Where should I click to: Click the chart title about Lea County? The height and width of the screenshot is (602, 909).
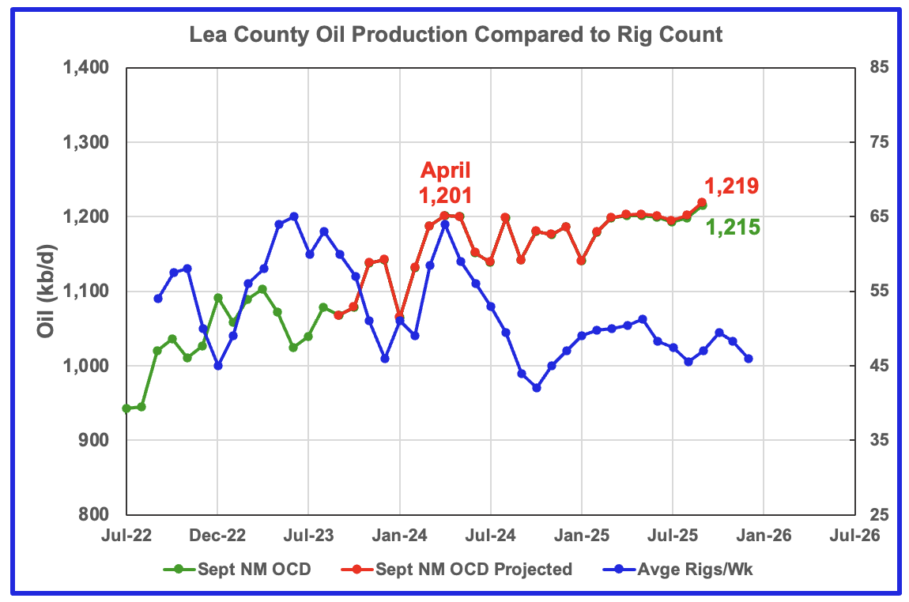click(455, 35)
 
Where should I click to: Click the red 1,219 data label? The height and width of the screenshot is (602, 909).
click(731, 186)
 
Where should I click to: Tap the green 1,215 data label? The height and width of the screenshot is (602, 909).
click(732, 228)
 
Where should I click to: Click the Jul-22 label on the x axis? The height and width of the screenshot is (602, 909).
click(126, 535)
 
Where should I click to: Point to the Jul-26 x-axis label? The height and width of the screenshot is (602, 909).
click(854, 535)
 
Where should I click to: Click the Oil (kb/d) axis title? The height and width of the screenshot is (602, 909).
click(48, 292)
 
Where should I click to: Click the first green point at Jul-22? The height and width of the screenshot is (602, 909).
click(126, 408)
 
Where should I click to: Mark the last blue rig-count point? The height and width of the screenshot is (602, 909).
click(748, 359)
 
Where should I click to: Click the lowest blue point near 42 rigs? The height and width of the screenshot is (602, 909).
click(537, 388)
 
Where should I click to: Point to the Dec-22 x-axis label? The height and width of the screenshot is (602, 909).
click(217, 535)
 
